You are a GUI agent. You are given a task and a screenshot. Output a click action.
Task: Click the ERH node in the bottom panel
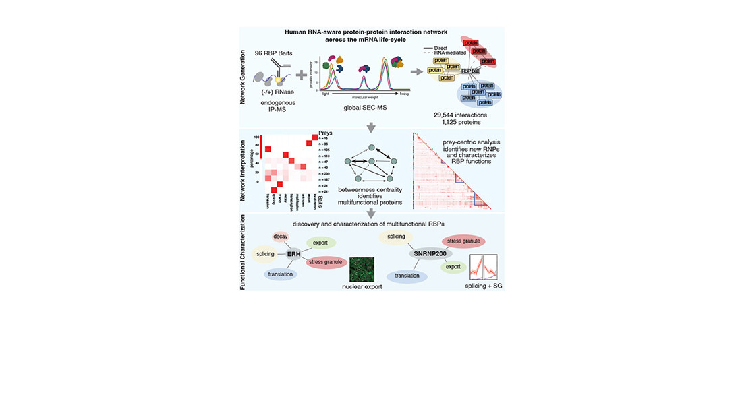[293, 254]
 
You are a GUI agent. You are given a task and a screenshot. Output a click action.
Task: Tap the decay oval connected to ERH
[281, 237]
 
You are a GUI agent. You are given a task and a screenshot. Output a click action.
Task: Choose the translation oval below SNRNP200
[407, 275]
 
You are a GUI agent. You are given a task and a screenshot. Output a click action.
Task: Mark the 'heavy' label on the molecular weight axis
[404, 93]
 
